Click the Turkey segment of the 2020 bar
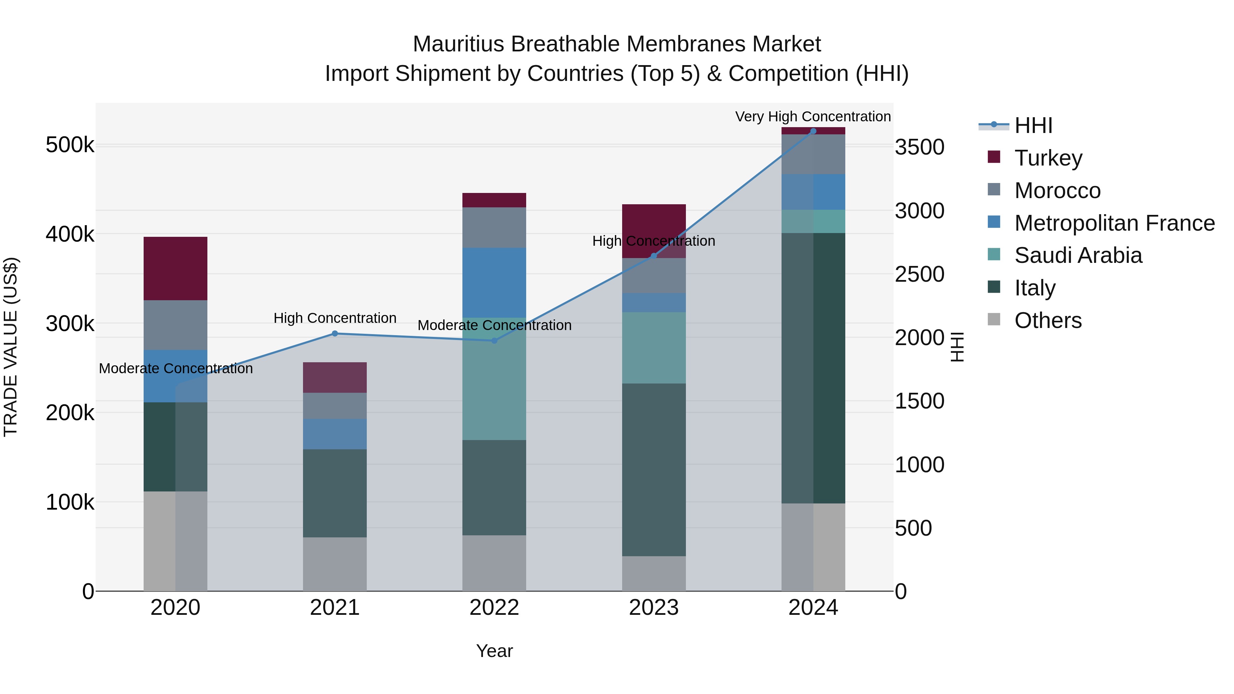(175, 268)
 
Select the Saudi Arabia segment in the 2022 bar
(494, 378)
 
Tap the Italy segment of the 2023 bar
(653, 470)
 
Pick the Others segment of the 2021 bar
(334, 564)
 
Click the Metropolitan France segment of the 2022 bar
(494, 283)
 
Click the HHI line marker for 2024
(813, 131)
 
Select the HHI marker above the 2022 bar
(494, 341)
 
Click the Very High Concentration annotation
(813, 117)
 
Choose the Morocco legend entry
(1057, 191)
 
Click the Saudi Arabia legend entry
(1078, 256)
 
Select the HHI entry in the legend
(1033, 125)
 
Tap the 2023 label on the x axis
(653, 608)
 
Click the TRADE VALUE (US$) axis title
(11, 347)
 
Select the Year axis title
(494, 651)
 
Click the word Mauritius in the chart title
(458, 44)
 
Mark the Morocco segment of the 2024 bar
(813, 154)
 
